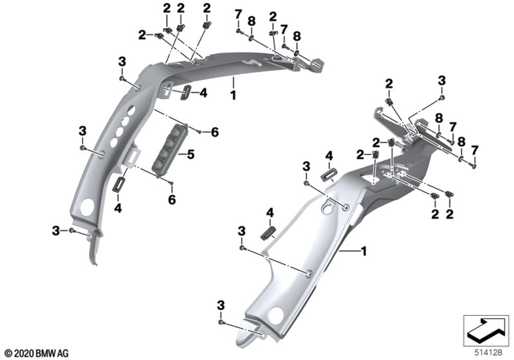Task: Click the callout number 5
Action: coord(191,154)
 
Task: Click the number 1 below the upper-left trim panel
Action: coord(233,95)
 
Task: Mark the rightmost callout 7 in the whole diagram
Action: coord(474,150)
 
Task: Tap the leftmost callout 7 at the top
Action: coord(238,14)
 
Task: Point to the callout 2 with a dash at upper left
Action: coord(143,35)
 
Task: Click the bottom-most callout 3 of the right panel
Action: coord(221,306)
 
